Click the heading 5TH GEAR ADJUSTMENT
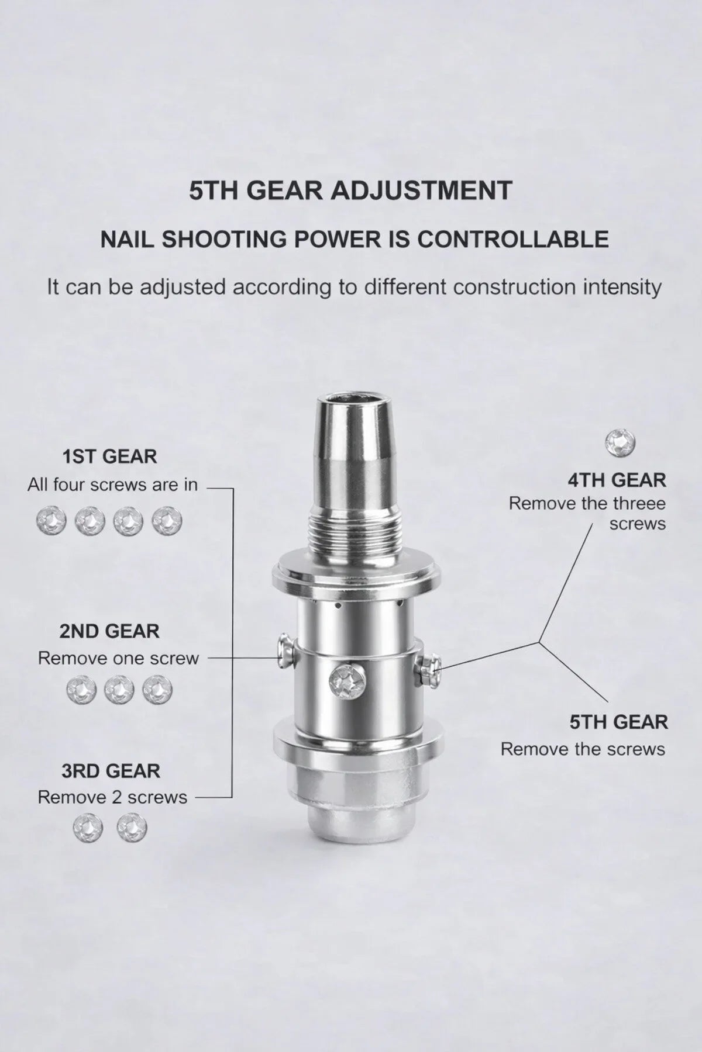[350, 191]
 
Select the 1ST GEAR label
[110, 456]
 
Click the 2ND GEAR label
[109, 631]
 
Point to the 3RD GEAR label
[111, 771]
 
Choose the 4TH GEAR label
[617, 480]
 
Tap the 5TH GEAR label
[618, 722]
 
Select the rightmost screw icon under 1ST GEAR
[167, 521]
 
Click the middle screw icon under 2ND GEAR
[119, 691]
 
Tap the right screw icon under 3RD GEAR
[132, 828]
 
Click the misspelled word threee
[639, 503]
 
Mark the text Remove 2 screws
[112, 797]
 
